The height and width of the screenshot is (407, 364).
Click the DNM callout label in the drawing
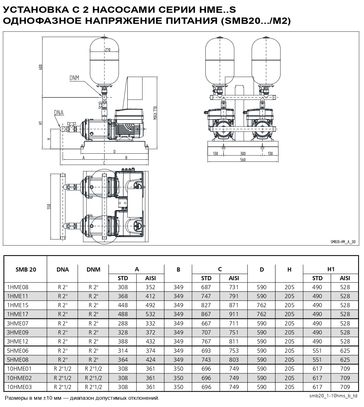click(74, 78)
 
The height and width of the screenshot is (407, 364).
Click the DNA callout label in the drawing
click(59, 112)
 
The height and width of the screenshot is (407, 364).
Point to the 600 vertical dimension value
click(41, 67)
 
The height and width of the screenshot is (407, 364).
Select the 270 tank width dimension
click(107, 50)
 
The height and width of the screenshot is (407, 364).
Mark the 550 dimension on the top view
click(49, 206)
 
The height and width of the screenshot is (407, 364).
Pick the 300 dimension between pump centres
click(243, 153)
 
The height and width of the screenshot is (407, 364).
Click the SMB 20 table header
click(26, 269)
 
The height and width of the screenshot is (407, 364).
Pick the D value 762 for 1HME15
click(262, 305)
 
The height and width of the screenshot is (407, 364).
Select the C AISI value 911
click(234, 314)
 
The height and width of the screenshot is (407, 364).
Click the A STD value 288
click(123, 323)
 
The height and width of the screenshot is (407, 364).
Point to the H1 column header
click(331, 269)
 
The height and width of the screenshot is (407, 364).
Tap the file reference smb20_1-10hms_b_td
click(333, 396)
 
